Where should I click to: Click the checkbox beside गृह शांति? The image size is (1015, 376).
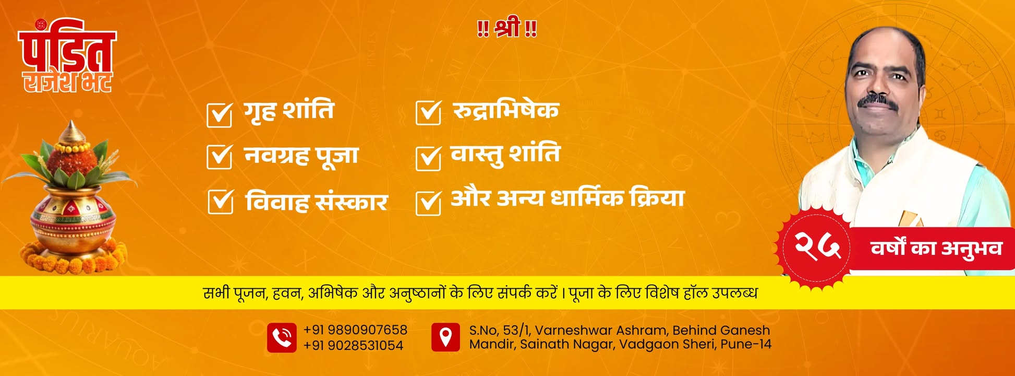[x=219, y=114]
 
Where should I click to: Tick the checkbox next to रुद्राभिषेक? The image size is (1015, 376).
[x=428, y=112]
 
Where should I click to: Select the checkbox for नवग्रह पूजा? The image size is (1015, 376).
[x=219, y=157]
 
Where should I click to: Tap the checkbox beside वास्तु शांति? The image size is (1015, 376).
[x=428, y=158]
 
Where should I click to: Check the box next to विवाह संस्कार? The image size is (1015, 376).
[x=220, y=202]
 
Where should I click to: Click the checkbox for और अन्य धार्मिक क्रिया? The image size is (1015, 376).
[x=428, y=203]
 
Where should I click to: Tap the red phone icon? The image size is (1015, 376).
[x=282, y=337]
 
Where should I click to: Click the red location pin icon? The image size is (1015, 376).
[x=445, y=337]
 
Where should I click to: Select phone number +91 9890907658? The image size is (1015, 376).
[x=355, y=330]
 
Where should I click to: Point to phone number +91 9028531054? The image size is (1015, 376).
[x=353, y=345]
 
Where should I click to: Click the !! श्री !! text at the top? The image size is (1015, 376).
[x=507, y=28]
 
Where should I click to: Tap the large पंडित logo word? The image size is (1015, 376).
[x=67, y=48]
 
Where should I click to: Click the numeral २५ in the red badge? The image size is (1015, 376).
[x=817, y=246]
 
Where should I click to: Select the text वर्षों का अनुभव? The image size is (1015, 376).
[x=936, y=249]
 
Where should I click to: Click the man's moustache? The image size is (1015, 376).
[x=878, y=101]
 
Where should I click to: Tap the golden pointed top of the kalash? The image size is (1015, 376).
[x=72, y=132]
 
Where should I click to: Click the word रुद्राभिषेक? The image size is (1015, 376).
[x=505, y=110]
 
